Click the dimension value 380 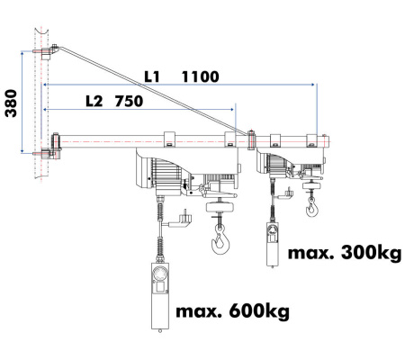[x=11, y=103]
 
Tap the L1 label [x=152, y=76]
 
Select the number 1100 [x=201, y=76]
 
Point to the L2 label [x=94, y=102]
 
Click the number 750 [x=129, y=102]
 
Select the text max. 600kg [x=232, y=312]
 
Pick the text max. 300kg [x=345, y=253]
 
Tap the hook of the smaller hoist [x=312, y=208]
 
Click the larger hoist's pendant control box [x=160, y=296]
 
